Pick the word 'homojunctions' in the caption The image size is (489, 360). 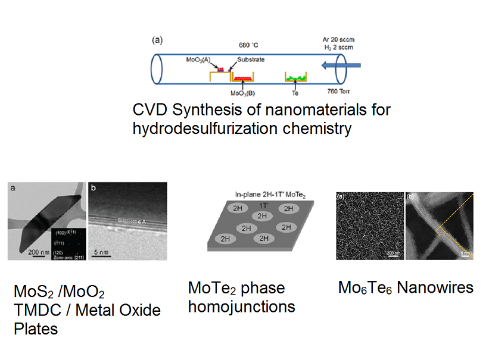(241, 306)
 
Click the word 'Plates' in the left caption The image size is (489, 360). (36, 328)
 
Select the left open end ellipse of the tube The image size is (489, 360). (157, 70)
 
